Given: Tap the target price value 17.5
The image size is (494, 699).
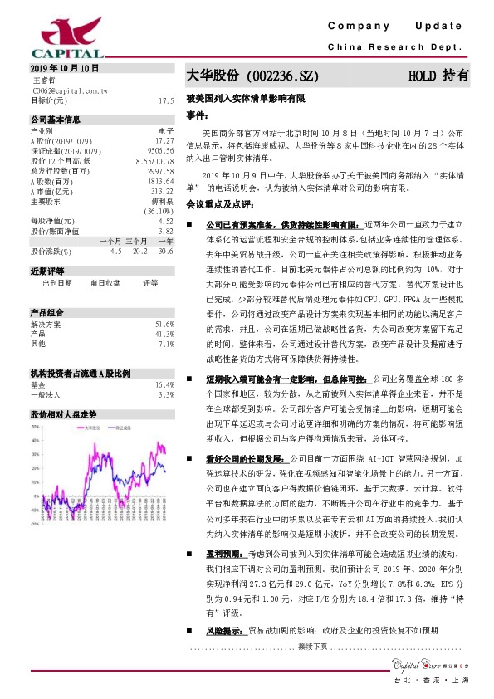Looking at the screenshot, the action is point(166,100).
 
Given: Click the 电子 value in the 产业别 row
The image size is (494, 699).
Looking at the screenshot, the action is point(165,130).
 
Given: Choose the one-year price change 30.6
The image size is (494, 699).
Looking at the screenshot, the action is point(165,250).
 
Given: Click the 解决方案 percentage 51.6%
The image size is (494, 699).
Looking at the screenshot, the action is point(164,301).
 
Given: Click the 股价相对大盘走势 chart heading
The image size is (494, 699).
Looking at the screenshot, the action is point(64,413).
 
